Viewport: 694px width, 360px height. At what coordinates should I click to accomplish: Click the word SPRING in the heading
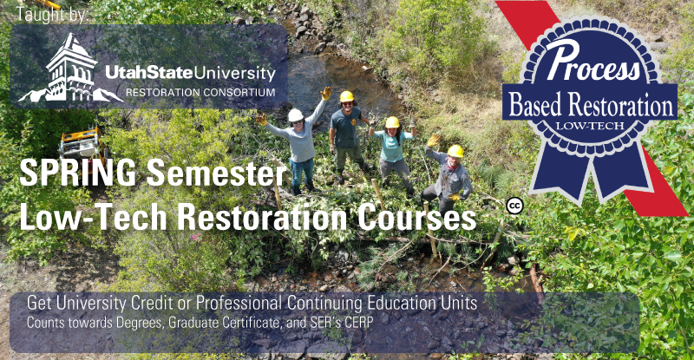pyautogui.click(x=78, y=173)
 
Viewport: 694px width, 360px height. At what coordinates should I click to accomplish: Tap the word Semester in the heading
pyautogui.click(x=217, y=173)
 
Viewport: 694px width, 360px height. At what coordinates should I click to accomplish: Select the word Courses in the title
pyautogui.click(x=417, y=217)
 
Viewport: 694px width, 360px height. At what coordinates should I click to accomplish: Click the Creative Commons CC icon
pyautogui.click(x=514, y=206)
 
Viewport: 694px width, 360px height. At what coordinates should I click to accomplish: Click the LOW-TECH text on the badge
pyautogui.click(x=590, y=126)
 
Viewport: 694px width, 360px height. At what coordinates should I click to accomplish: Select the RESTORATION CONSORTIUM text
pyautogui.click(x=200, y=93)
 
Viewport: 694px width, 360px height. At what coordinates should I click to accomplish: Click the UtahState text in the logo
pyautogui.click(x=149, y=73)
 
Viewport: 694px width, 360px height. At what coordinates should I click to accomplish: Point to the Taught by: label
pyautogui.click(x=53, y=14)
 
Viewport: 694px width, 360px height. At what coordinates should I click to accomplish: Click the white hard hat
pyautogui.click(x=295, y=115)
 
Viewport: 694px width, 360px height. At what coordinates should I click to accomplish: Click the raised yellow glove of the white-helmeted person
pyautogui.click(x=326, y=93)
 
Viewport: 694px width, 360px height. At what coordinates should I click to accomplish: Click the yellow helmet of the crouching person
pyautogui.click(x=455, y=152)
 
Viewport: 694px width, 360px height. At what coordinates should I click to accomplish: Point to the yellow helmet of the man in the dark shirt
pyautogui.click(x=347, y=96)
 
